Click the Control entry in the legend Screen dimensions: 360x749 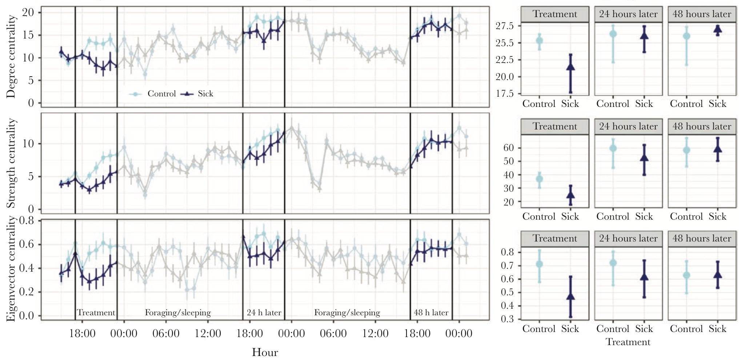(x=161, y=94)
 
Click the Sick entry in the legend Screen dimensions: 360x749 (x=205, y=94)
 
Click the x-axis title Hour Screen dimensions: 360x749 (x=265, y=352)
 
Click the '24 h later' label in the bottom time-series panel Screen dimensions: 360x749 (x=264, y=313)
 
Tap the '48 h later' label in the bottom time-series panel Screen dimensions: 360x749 (x=431, y=313)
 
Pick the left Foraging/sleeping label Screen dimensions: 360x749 (x=178, y=313)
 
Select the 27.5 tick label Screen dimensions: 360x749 (x=505, y=26)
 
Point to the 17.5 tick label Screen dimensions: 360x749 (x=505, y=94)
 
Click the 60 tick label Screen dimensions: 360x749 (x=508, y=148)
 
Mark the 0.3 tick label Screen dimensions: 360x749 (x=507, y=319)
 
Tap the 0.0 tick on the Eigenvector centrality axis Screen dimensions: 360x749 (x=26, y=316)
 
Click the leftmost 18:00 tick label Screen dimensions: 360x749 (x=82, y=333)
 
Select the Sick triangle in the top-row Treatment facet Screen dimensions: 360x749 (x=570, y=67)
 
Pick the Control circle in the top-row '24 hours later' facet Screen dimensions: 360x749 (x=613, y=34)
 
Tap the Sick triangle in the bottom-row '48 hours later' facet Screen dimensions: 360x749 (x=718, y=275)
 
